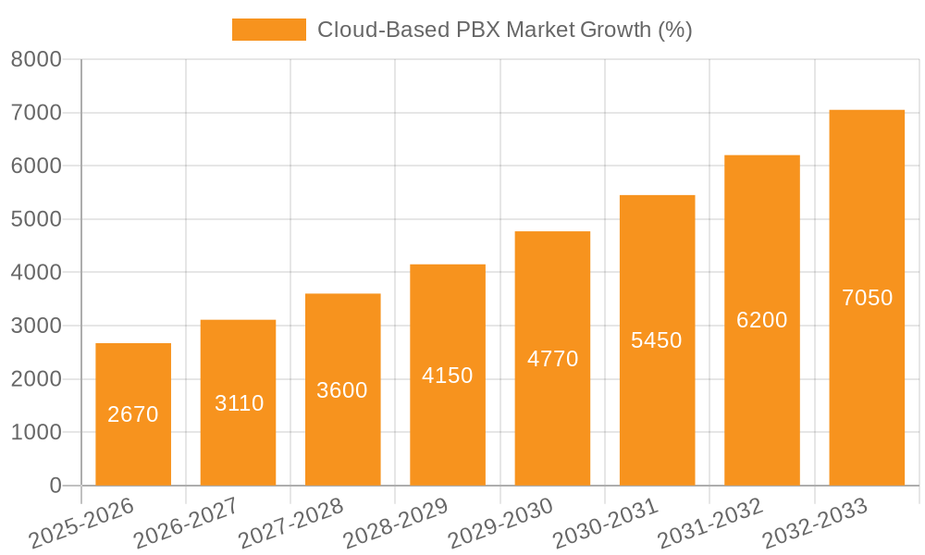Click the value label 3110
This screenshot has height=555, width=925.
(x=239, y=403)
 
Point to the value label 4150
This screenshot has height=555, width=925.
(x=448, y=376)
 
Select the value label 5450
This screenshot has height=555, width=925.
(x=657, y=340)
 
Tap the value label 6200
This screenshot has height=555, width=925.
(x=762, y=320)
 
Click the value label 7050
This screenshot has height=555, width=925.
(x=867, y=298)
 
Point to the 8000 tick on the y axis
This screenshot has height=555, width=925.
(x=36, y=60)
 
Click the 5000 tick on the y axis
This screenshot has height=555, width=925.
(x=36, y=219)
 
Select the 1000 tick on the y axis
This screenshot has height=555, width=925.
(x=36, y=432)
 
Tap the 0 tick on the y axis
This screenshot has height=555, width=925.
(x=55, y=486)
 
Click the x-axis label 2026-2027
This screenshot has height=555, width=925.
(x=185, y=524)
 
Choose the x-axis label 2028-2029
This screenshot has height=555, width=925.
(x=395, y=524)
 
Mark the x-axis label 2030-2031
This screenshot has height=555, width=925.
(x=605, y=524)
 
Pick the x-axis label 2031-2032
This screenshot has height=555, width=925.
(x=709, y=524)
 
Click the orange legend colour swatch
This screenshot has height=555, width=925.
(x=268, y=30)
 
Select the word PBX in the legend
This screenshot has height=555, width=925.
(x=480, y=30)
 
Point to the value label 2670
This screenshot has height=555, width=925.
(x=133, y=414)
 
